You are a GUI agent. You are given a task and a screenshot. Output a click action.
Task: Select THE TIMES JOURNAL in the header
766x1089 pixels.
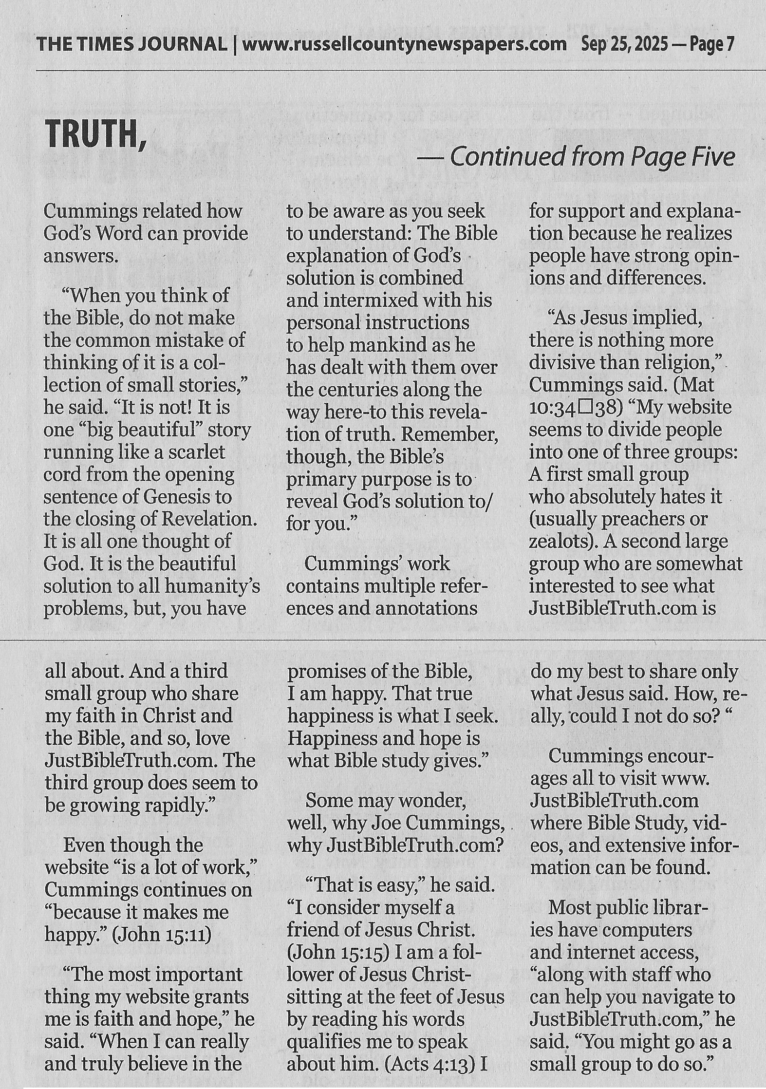131,45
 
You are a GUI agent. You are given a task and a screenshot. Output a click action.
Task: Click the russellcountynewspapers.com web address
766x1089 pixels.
404,45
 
